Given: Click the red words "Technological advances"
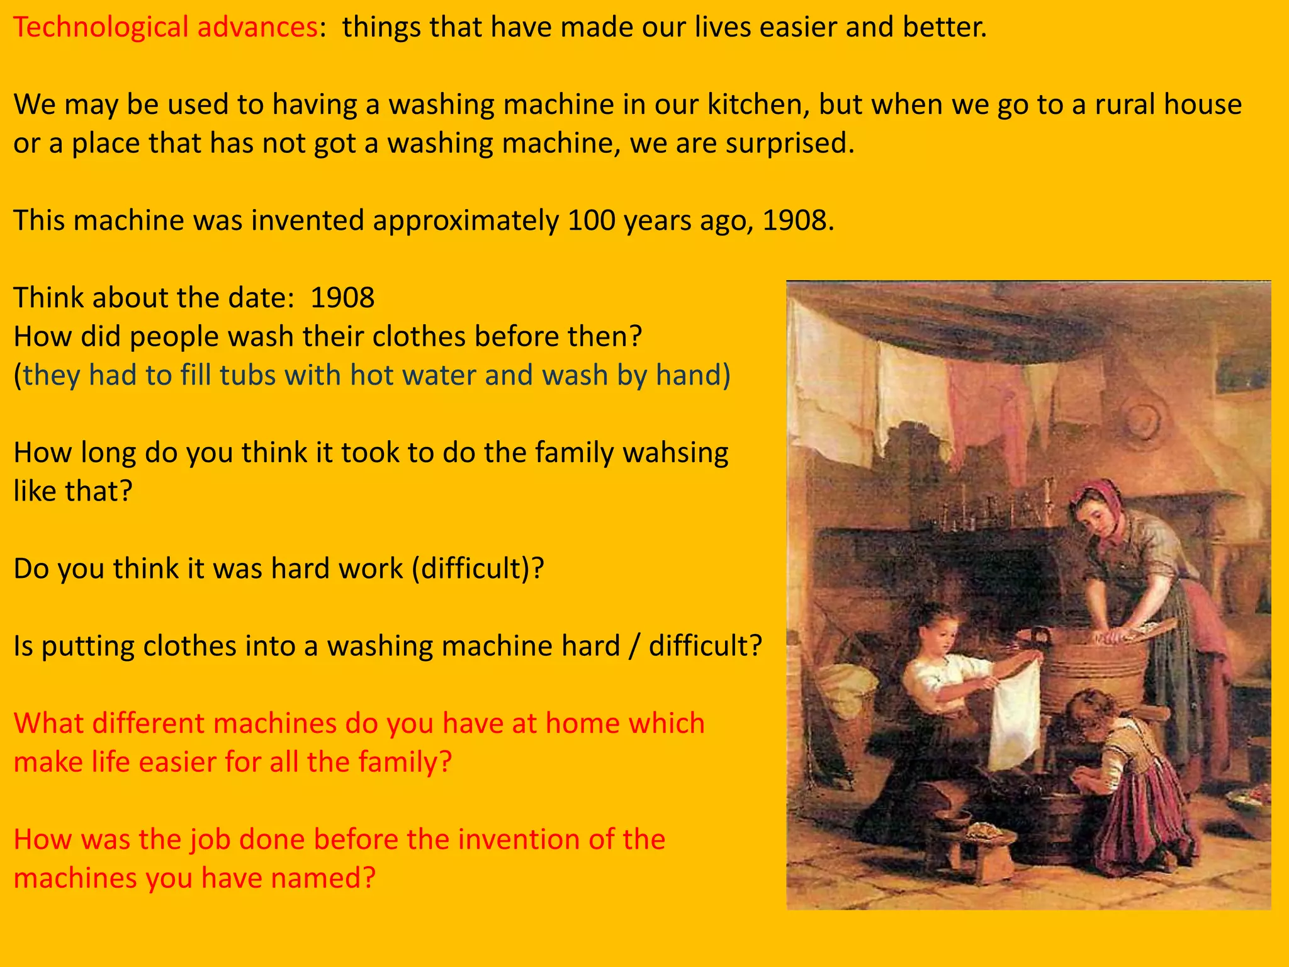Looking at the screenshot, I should (165, 28).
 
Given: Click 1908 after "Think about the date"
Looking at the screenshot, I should (342, 298).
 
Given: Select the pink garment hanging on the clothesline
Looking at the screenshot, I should (982, 403).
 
